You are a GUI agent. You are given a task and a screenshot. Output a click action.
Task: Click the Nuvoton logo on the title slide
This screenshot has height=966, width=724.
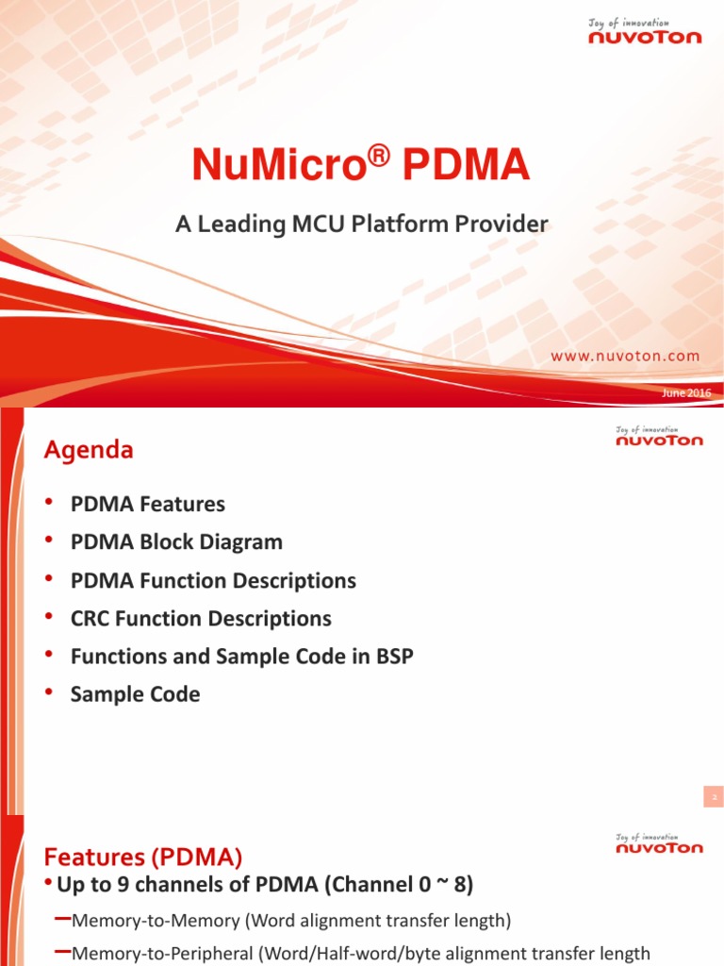point(645,32)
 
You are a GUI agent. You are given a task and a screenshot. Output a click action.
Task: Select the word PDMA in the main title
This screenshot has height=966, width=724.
point(466,167)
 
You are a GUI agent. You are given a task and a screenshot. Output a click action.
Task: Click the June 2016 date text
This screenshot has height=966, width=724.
point(686,392)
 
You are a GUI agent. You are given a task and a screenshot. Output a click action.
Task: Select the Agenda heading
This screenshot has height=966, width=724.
point(89,451)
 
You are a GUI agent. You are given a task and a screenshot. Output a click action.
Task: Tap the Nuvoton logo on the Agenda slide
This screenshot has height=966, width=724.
point(659,436)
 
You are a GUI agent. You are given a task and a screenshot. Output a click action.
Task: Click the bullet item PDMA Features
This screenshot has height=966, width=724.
point(148,505)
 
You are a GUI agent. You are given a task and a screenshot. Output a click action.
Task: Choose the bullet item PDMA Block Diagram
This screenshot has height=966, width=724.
point(176,542)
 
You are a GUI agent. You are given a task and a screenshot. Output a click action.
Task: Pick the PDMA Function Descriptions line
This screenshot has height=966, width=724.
point(213,581)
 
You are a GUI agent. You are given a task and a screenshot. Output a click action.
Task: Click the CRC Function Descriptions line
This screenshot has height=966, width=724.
point(201,619)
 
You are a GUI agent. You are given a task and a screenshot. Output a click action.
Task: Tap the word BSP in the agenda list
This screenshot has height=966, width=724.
point(394,658)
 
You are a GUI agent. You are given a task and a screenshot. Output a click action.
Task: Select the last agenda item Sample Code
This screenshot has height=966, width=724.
point(136,695)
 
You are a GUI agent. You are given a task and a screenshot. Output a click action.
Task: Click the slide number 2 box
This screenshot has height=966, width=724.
point(714,798)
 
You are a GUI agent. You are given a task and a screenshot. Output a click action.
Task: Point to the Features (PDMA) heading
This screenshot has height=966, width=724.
point(143,858)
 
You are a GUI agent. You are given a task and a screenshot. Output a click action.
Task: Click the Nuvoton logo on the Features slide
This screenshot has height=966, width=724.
point(659,843)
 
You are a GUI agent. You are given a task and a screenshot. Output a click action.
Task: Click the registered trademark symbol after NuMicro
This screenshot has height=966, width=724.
point(379,158)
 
